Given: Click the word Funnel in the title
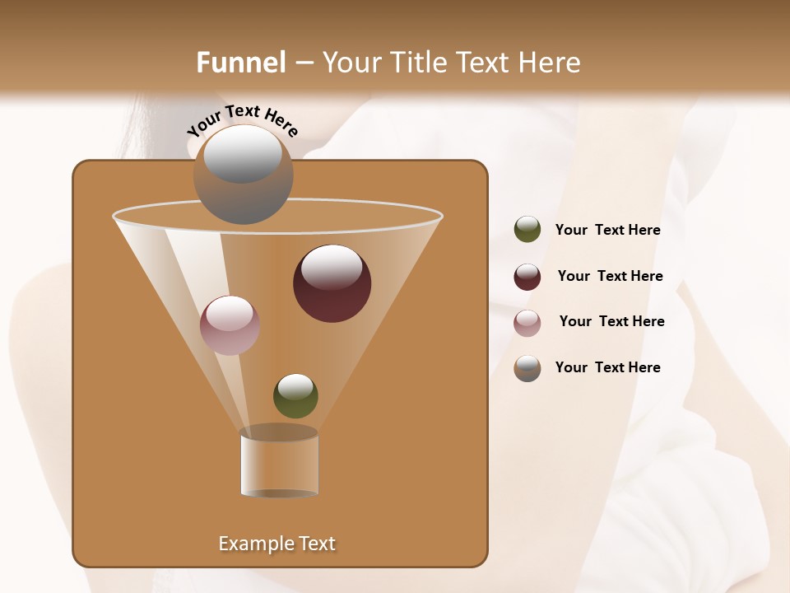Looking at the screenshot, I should tap(241, 63).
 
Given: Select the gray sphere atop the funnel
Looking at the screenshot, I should tap(243, 175).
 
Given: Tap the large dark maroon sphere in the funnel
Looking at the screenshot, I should tap(332, 284).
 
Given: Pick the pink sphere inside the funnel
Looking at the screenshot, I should tap(230, 325).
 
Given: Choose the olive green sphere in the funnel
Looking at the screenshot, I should tap(295, 396).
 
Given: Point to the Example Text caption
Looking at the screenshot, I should tap(276, 544).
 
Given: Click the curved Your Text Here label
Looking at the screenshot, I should tap(243, 119).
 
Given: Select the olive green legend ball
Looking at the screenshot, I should tap(527, 230).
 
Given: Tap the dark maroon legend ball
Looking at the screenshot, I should tap(527, 277).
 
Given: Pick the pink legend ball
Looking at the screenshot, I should tap(527, 322).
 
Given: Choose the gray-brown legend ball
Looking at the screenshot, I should tap(527, 368).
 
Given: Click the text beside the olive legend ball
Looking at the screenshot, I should tap(607, 231).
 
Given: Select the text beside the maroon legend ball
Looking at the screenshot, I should tap(610, 277).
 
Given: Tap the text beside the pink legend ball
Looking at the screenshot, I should tap(611, 322).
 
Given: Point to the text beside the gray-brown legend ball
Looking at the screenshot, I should tap(607, 368).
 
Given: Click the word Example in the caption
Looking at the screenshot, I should tap(251, 544).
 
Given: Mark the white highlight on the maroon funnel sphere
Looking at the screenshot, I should tap(332, 265).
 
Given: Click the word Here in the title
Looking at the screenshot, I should tap(550, 63).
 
